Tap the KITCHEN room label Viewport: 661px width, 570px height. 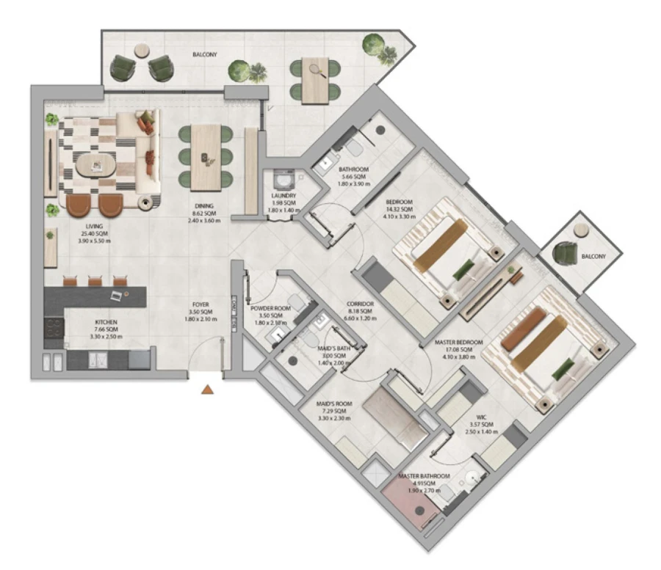(x=106, y=322)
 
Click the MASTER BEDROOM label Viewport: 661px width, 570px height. (x=459, y=343)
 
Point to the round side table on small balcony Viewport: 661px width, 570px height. (x=581, y=230)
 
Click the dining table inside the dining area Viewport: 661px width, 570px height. (x=206, y=155)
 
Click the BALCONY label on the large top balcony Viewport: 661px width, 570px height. (x=206, y=54)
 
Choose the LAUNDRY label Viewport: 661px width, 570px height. (x=283, y=196)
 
